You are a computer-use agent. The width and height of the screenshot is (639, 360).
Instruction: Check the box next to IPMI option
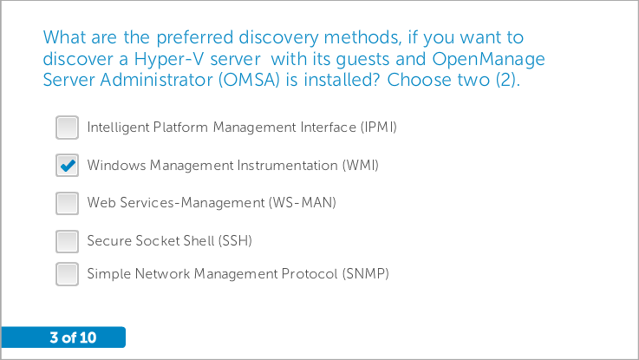coord(68,128)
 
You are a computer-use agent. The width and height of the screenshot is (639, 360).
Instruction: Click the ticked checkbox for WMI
coord(68,165)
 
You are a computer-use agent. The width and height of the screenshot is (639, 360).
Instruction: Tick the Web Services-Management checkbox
coord(68,203)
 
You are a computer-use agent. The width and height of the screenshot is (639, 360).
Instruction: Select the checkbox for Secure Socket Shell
coord(68,241)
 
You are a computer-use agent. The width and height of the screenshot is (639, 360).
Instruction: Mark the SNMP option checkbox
coord(68,274)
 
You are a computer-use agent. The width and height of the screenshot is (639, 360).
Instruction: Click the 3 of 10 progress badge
coord(63,337)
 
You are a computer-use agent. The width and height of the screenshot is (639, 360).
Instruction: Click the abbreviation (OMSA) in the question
coord(249,80)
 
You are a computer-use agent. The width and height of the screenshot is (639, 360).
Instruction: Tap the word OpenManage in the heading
coord(488,60)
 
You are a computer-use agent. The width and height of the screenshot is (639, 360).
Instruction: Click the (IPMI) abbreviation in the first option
coord(378,128)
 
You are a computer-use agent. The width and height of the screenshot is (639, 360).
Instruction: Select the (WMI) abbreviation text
coord(361,165)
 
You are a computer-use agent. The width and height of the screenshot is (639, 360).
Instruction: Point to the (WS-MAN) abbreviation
coord(302,203)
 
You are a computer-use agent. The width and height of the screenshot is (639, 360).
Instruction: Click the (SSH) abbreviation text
coord(235,240)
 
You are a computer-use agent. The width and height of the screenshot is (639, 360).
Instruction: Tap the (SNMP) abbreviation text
coord(366,273)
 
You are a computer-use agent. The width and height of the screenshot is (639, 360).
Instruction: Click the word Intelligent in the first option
coord(118,128)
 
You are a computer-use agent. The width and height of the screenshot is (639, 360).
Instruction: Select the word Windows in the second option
coord(116,165)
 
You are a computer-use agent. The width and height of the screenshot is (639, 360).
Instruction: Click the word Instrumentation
coord(287,165)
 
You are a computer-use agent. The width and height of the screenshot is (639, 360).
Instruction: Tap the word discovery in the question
coord(278,38)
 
